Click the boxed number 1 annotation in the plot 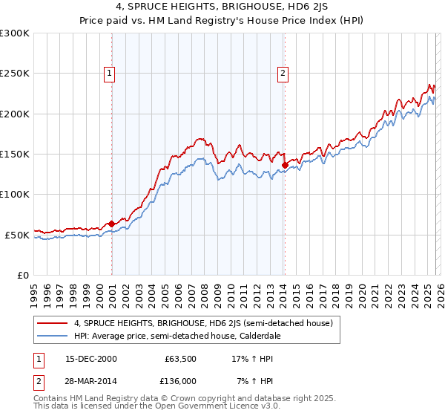[109, 73]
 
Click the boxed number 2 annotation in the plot [283, 73]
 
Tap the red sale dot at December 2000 [111, 224]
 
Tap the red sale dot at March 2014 [285, 165]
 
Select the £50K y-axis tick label [17, 235]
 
